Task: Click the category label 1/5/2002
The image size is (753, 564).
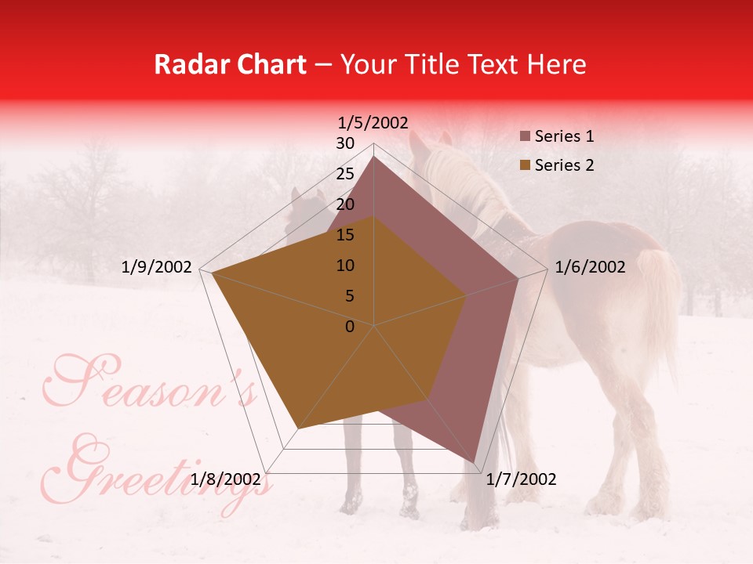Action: coord(373,122)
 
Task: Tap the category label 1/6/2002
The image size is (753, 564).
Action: coord(590,267)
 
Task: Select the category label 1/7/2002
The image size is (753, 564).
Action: coord(521,479)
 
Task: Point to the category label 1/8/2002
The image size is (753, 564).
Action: coord(226,479)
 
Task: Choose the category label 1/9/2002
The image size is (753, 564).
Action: coord(157,267)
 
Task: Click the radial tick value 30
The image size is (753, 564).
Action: coord(345,143)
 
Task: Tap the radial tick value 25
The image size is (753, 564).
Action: coord(345,174)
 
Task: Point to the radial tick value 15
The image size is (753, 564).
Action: coord(345,235)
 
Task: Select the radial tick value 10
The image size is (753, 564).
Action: coord(345,266)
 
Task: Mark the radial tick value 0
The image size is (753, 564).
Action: coord(350,327)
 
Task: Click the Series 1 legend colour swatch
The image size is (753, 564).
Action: coord(525,137)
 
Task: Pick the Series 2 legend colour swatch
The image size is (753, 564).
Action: coord(525,166)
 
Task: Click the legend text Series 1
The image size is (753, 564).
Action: coord(564,136)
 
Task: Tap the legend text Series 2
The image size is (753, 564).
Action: coord(564,165)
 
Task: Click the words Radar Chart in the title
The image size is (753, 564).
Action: coord(231,64)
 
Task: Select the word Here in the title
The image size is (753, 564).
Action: coord(557,64)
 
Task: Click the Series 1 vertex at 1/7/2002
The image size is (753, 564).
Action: coord(475,462)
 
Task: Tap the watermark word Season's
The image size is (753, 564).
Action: coord(149,384)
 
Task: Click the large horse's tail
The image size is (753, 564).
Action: coord(663,305)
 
